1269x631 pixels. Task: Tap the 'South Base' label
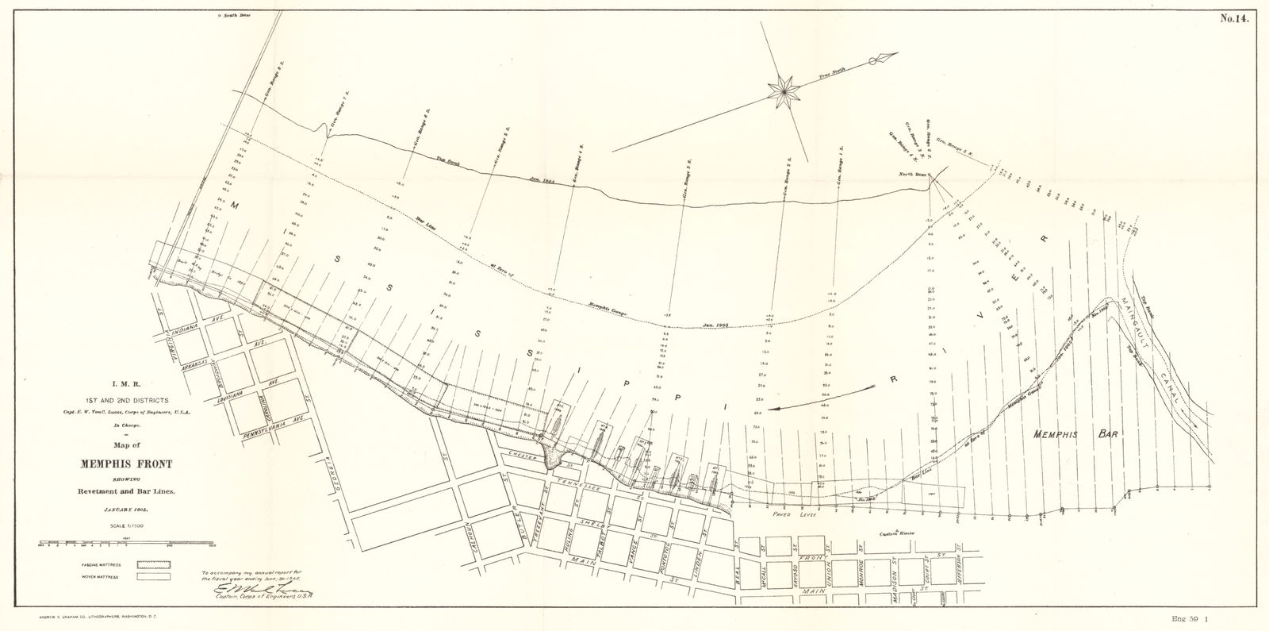(236, 14)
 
